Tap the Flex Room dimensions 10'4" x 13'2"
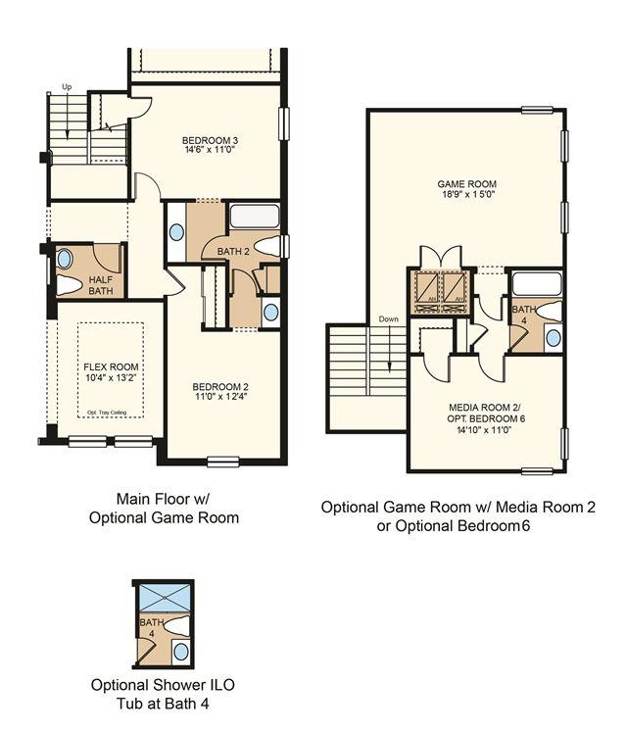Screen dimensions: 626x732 [x=111, y=377]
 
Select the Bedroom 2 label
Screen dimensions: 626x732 [x=220, y=387]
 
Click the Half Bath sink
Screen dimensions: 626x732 [x=65, y=259]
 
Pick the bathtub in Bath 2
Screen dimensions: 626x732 [x=255, y=217]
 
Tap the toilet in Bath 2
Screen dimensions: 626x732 [x=268, y=246]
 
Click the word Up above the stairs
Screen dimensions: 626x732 [x=67, y=87]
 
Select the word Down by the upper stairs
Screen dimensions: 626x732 [x=388, y=318]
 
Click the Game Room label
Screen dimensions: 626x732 [x=467, y=184]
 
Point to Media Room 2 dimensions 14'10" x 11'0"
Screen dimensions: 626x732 [x=486, y=430]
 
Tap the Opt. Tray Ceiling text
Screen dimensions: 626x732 [x=107, y=413]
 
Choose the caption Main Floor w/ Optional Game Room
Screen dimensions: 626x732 [x=164, y=508]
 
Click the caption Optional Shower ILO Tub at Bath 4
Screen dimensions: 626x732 [x=163, y=694]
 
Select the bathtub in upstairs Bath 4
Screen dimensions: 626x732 [x=537, y=284]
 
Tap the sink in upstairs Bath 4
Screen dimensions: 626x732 [x=554, y=337]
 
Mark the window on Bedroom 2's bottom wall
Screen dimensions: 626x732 [x=223, y=462]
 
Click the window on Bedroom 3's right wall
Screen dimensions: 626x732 [x=284, y=123]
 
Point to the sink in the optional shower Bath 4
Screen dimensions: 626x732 [x=181, y=652]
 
